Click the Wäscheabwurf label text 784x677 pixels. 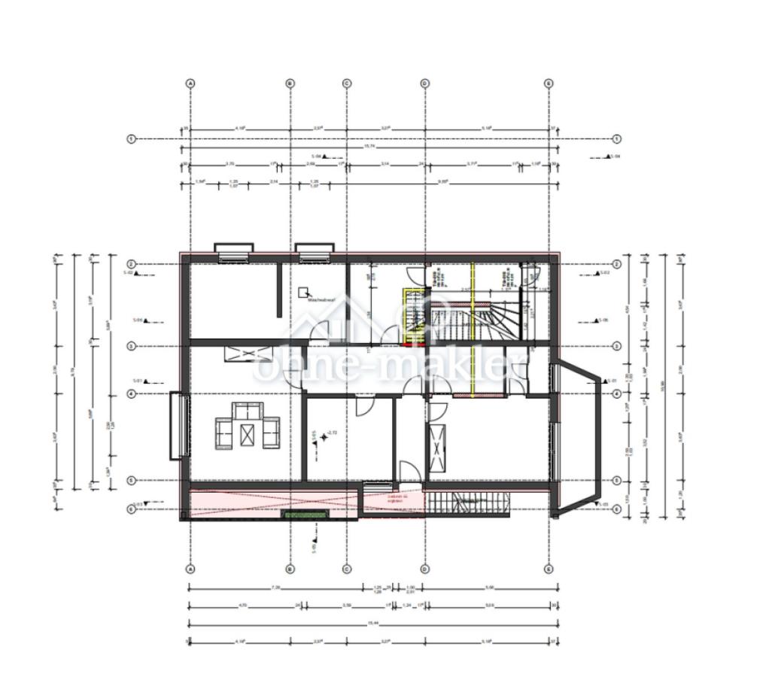click(x=322, y=298)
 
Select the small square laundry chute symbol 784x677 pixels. click(x=304, y=291)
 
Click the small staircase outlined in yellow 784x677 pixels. click(x=414, y=316)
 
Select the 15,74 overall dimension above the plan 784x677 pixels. click(x=369, y=147)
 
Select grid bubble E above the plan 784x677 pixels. click(x=548, y=83)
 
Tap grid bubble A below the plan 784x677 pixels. click(x=190, y=569)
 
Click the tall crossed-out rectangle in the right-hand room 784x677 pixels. click(x=436, y=448)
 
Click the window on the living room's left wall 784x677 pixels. click(x=179, y=426)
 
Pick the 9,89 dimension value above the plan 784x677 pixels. click(x=443, y=182)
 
